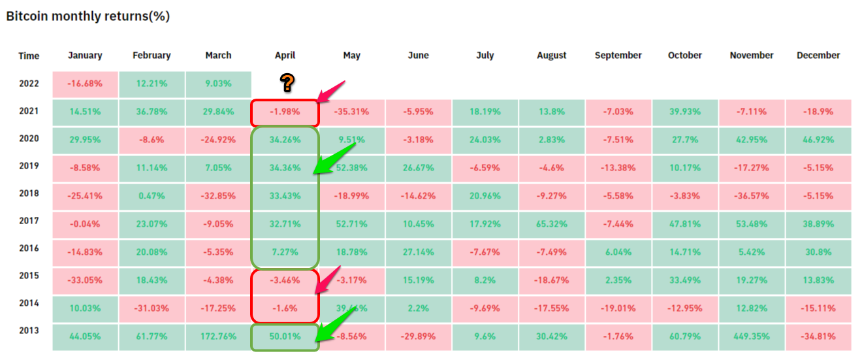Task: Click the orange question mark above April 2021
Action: point(287,83)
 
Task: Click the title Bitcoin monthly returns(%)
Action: point(88,16)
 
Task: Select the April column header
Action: point(285,56)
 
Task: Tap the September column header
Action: point(618,56)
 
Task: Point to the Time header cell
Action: point(29,56)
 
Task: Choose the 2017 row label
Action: point(29,221)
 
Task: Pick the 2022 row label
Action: point(29,84)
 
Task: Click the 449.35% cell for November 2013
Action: point(751,336)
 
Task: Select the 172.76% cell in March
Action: point(218,336)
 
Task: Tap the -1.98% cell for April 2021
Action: point(285,112)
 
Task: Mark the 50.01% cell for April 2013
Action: point(285,336)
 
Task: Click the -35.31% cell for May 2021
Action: point(351,112)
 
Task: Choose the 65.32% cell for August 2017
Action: point(551,224)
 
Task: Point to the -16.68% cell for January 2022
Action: point(85,84)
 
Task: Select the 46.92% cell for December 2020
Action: point(818,139)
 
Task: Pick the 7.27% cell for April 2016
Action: point(285,252)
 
